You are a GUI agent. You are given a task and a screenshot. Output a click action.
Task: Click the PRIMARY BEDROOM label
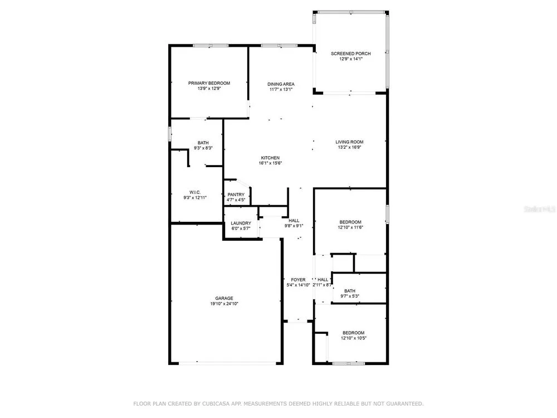pos(209,83)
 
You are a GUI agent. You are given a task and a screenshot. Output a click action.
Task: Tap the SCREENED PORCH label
pos(350,54)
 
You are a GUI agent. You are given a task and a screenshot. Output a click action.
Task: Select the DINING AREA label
pos(281,84)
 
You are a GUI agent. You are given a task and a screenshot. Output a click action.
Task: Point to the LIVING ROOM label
pos(349,142)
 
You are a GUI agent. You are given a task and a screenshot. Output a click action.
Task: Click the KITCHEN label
pos(270,158)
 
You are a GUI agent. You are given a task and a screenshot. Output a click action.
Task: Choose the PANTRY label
pos(236,195)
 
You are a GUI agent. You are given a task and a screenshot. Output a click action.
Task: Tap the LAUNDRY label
pos(241,223)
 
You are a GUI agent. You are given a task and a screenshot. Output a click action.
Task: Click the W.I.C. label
pos(194,192)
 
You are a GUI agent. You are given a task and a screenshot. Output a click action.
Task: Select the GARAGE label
pos(224,299)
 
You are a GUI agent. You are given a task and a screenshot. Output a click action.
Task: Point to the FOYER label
pos(298,280)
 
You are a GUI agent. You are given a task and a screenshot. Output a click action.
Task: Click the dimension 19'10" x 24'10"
pos(224,304)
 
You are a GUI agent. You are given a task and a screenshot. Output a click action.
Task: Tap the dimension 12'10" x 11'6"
pos(350,227)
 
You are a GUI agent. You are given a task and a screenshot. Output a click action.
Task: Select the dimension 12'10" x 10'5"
pos(354,338)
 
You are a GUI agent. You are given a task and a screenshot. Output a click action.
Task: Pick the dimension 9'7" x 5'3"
pos(350,297)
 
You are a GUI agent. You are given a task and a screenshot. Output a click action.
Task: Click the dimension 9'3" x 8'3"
pos(203,148)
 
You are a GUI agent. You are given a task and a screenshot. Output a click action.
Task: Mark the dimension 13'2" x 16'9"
pos(349,148)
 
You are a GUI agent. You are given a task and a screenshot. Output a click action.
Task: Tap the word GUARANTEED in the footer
pos(404,404)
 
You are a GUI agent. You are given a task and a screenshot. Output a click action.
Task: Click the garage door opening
pos(227,363)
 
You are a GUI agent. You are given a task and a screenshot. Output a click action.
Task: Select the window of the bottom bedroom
pos(349,363)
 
